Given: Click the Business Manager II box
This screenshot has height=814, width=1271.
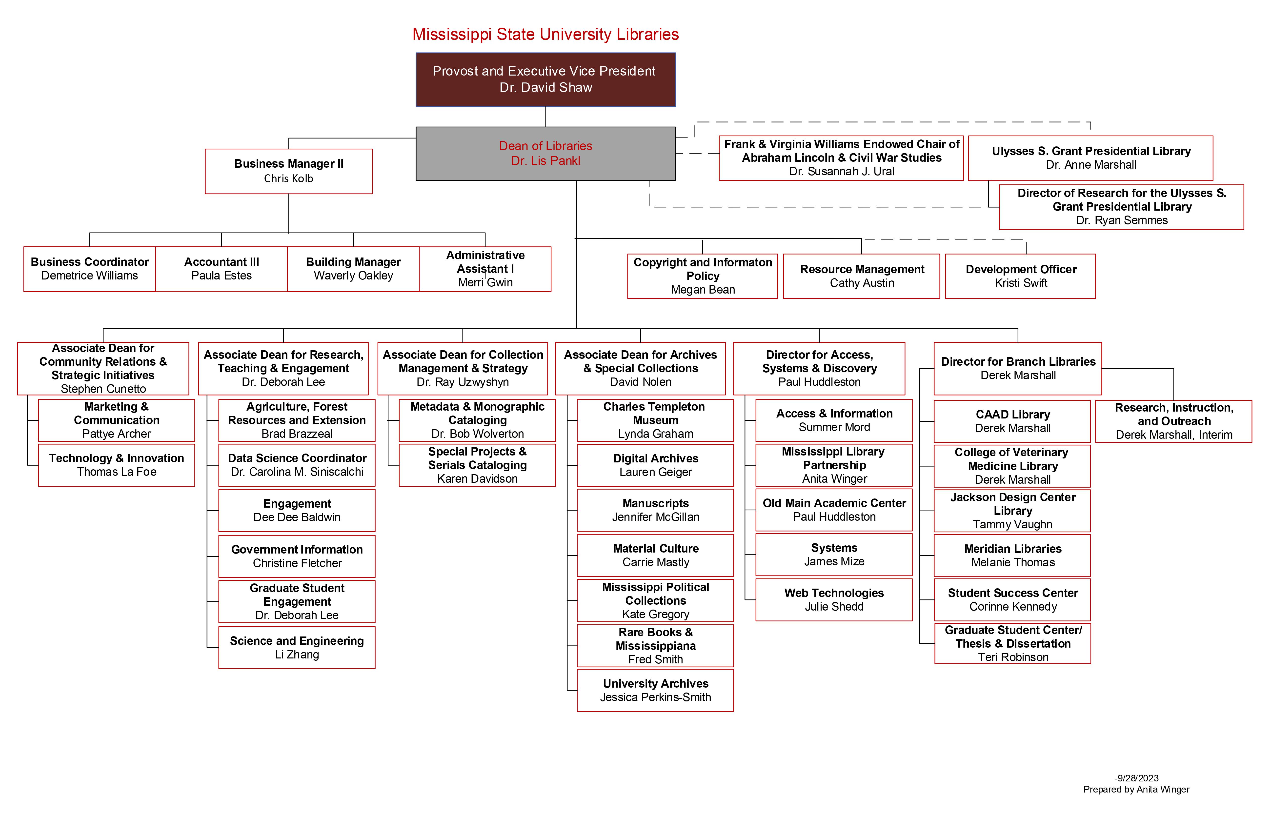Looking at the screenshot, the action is pyautogui.click(x=289, y=171).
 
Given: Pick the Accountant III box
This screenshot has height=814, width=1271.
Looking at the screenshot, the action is pyautogui.click(x=222, y=269).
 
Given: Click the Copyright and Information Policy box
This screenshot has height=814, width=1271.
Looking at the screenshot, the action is pyautogui.click(x=703, y=276).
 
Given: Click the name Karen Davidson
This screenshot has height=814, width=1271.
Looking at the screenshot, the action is pyautogui.click(x=477, y=479).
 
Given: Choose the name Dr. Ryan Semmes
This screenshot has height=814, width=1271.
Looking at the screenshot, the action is pyautogui.click(x=1122, y=220).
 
